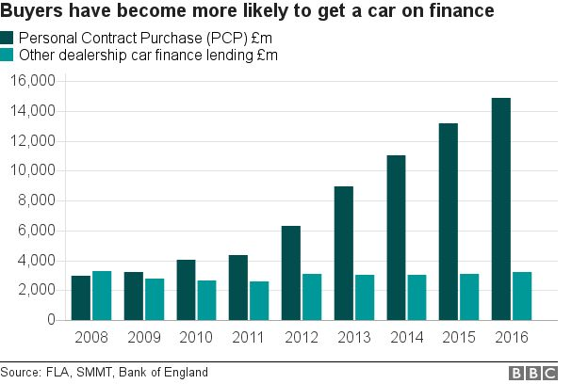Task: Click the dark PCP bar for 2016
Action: coord(500,209)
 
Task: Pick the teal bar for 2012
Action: coord(313,297)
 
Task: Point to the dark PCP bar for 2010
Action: coord(187,290)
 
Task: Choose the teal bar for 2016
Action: coord(522,296)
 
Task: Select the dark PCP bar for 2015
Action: coord(449,221)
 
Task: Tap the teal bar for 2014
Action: coord(417,297)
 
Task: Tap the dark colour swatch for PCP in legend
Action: coord(8,38)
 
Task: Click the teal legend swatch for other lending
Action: coord(8,56)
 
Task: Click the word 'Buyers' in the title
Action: coord(31,12)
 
